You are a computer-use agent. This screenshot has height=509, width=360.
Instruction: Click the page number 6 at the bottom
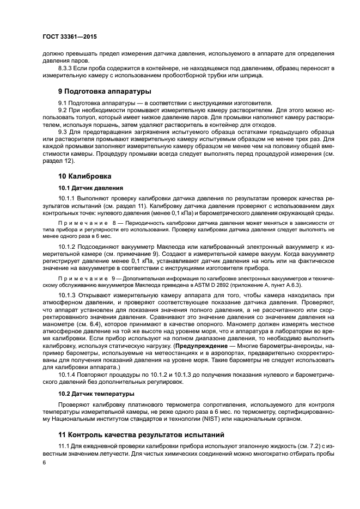coord(44,462)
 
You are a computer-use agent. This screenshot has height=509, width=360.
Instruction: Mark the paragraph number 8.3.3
coord(67,68)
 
